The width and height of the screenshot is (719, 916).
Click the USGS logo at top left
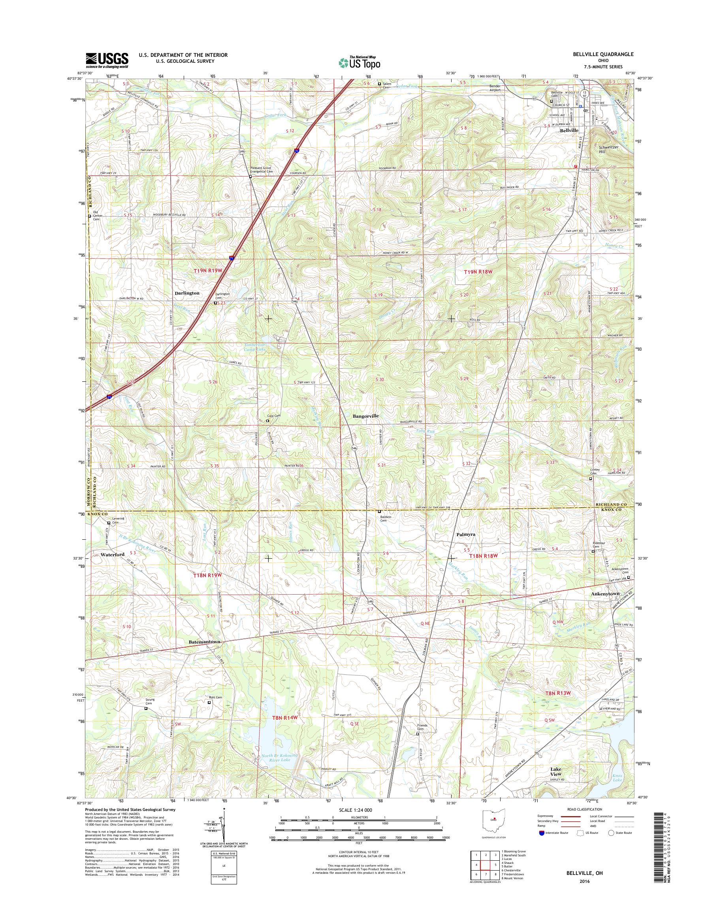107,60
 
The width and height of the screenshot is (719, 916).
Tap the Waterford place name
113,555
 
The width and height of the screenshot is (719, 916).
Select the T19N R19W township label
207,272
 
